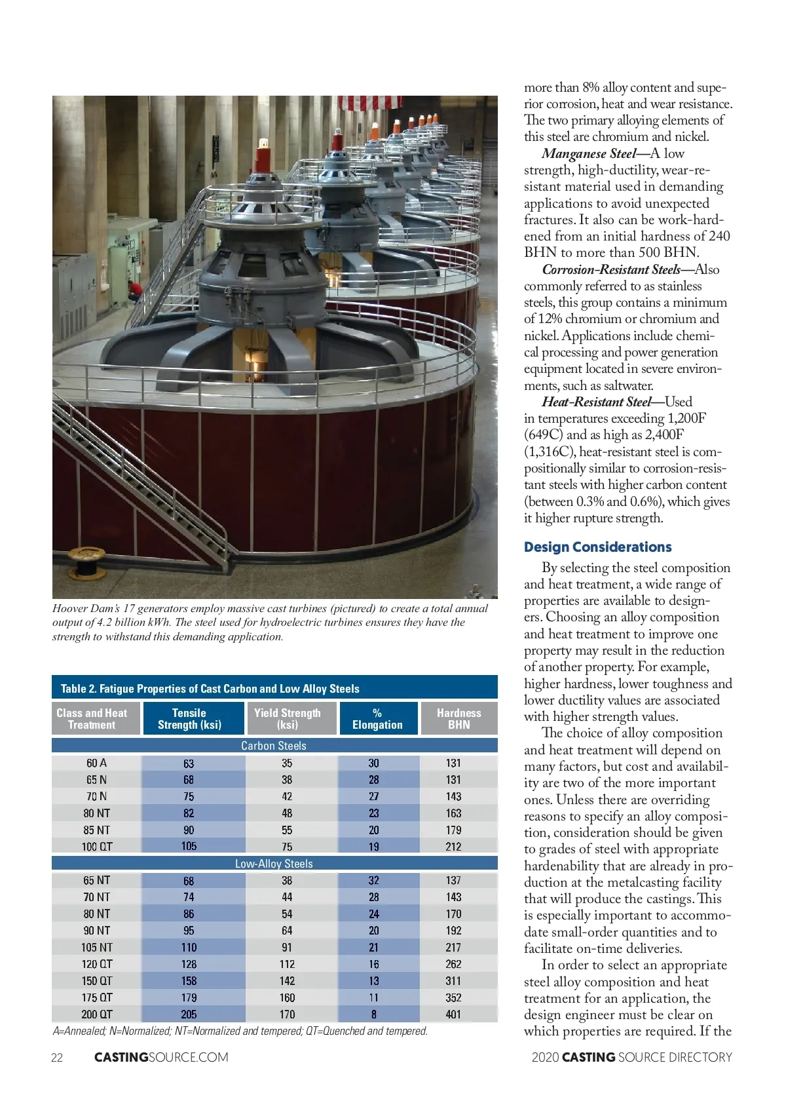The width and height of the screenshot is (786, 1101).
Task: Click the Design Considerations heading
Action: (x=597, y=547)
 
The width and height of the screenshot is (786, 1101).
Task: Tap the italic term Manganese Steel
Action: (x=588, y=153)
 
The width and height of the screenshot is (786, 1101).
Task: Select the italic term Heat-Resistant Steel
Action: (x=596, y=402)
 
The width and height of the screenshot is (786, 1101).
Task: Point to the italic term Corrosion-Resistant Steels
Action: (x=611, y=269)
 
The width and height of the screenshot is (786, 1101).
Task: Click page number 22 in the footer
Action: (x=57, y=1057)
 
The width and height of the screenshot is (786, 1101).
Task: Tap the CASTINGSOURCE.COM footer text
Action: (x=161, y=1057)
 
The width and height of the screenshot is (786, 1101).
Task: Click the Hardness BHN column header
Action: (x=458, y=718)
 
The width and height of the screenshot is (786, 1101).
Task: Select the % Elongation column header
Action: (x=377, y=718)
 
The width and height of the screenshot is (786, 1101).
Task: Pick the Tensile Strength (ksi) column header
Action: (x=189, y=718)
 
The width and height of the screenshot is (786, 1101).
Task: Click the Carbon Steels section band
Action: (x=274, y=746)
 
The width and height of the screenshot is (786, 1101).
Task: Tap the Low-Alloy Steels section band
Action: (x=274, y=864)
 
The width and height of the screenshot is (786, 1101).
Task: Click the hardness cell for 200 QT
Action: (x=453, y=1014)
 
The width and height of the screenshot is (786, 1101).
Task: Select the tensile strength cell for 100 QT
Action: (x=189, y=846)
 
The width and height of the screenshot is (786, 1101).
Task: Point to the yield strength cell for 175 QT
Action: (x=287, y=997)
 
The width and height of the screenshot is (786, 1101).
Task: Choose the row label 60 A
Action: (x=96, y=763)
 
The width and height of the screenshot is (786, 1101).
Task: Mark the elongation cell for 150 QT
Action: (x=373, y=981)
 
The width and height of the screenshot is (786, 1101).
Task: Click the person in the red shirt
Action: (x=136, y=290)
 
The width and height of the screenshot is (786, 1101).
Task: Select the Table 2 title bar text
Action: (x=210, y=689)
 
